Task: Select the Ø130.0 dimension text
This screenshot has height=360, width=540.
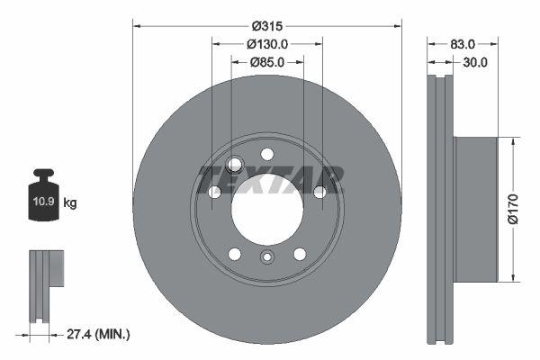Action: pos(266,43)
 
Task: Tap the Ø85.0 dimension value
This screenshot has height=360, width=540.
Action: pos(266,62)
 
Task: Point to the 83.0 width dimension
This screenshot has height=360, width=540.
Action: pos(463,43)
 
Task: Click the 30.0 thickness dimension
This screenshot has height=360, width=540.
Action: pos(473,62)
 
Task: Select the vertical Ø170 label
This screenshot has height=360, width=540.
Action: pos(512,207)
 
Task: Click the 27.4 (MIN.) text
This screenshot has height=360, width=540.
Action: pos(99,334)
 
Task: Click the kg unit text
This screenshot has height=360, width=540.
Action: pos(70,203)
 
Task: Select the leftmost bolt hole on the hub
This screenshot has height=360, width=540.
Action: pos(214,192)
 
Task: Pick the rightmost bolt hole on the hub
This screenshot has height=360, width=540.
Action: pos(319,191)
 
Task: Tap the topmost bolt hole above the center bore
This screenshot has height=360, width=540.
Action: pos(266,155)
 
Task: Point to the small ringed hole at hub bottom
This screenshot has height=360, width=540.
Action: pos(266,259)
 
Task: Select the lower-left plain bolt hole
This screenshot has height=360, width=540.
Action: pos(236,254)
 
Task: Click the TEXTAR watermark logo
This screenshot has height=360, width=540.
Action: pos(270,179)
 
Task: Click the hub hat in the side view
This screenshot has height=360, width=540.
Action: pos(474,208)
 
